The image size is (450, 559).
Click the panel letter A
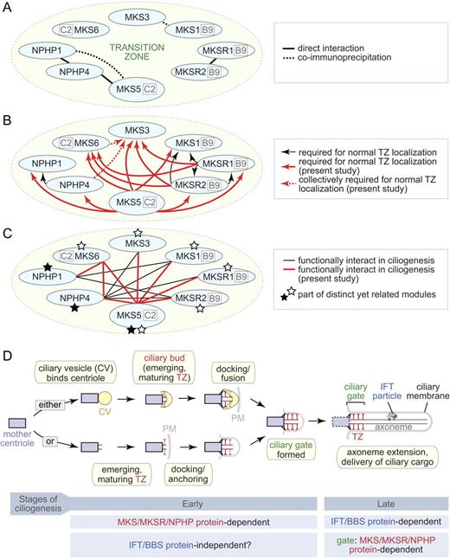click(x=8, y=8)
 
